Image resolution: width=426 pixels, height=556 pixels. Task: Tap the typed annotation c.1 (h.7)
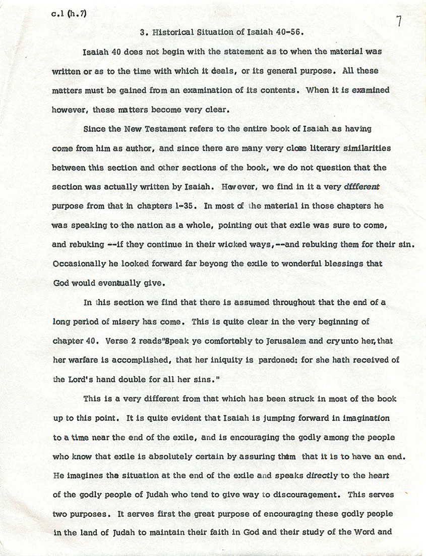[69, 14]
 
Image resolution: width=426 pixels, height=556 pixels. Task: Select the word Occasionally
[78, 264]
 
